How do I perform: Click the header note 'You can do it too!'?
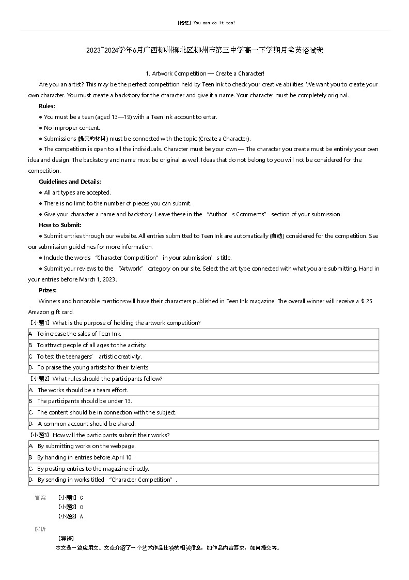pyautogui.click(x=214, y=23)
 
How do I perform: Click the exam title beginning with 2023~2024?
pyautogui.click(x=205, y=50)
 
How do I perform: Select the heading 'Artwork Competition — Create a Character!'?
pyautogui.click(x=205, y=73)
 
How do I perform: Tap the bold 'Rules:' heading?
pyautogui.click(x=47, y=106)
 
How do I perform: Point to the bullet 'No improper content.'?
pyautogui.click(x=72, y=128)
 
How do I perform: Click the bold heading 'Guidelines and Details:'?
pyautogui.click(x=70, y=182)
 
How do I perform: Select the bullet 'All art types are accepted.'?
pyautogui.click(x=77, y=192)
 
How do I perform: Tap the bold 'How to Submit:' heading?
pyautogui.click(x=60, y=225)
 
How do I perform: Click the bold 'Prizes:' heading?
pyautogui.click(x=48, y=290)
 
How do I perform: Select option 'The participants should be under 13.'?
pyautogui.click(x=85, y=401)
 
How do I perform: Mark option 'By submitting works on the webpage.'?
pyautogui.click(x=86, y=446)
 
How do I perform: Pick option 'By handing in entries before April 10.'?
pyautogui.click(x=85, y=457)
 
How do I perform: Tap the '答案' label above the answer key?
pyautogui.click(x=40, y=498)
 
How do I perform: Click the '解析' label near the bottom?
pyautogui.click(x=40, y=529)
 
